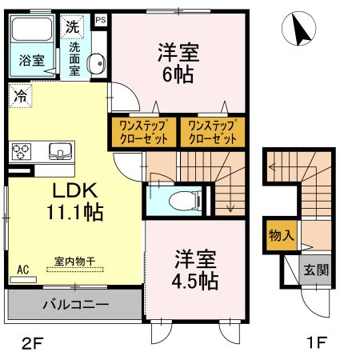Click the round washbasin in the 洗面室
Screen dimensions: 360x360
click(95, 63)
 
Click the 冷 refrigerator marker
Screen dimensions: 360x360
click(18, 94)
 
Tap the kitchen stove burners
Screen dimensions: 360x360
click(21, 150)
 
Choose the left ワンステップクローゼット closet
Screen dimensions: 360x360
click(142, 130)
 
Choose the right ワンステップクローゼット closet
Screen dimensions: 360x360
click(212, 130)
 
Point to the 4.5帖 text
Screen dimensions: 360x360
click(196, 281)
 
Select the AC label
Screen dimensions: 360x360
click(23, 270)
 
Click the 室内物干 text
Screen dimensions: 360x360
click(74, 261)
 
